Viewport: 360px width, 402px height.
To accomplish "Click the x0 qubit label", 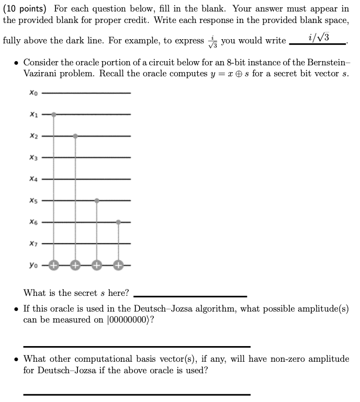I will coord(33,93).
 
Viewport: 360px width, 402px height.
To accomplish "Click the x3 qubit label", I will coord(33,157).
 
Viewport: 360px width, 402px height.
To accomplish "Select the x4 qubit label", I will coord(33,179).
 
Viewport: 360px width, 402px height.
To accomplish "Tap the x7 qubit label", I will coord(33,244).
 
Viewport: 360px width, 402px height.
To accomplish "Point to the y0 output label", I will coord(33,265).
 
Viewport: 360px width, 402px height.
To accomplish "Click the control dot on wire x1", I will coord(54,114).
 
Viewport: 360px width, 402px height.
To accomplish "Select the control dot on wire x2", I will coord(75,136).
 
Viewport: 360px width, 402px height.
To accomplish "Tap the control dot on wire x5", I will coord(97,200).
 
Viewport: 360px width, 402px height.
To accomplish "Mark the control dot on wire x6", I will coord(118,222).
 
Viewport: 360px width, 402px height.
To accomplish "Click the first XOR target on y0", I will coord(54,265).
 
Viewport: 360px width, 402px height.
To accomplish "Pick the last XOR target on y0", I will coord(118,265).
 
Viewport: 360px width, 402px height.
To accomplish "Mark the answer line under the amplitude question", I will coord(137,346).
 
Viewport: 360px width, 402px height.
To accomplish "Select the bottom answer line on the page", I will coord(137,394).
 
